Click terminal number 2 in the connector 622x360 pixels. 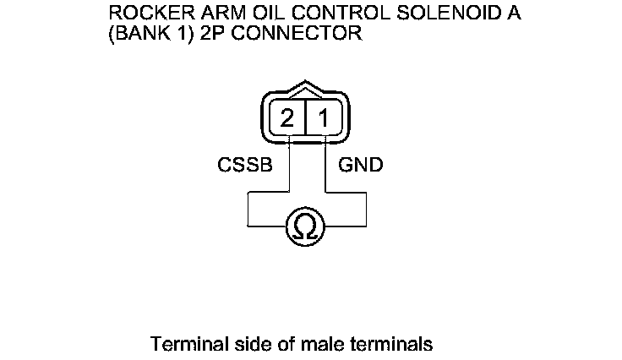288,118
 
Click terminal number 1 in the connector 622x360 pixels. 323,118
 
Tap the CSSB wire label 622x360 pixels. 245,165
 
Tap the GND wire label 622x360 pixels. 361,165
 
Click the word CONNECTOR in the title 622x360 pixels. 302,35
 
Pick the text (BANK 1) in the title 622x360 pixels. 161,35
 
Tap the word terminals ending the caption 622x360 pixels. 394,345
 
